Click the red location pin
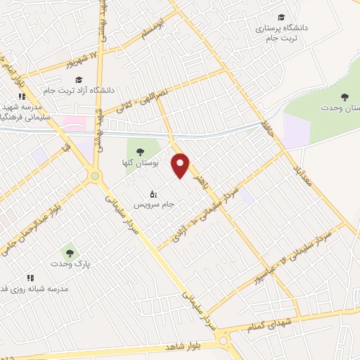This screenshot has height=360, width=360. pyautogui.click(x=181, y=165)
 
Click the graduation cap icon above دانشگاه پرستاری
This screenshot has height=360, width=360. pyautogui.click(x=281, y=17)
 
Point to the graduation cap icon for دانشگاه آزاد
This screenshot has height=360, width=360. pyautogui.click(x=79, y=79)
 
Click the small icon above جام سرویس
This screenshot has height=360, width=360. pyautogui.click(x=154, y=193)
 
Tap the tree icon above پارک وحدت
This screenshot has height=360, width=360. pyautogui.click(x=69, y=251)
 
